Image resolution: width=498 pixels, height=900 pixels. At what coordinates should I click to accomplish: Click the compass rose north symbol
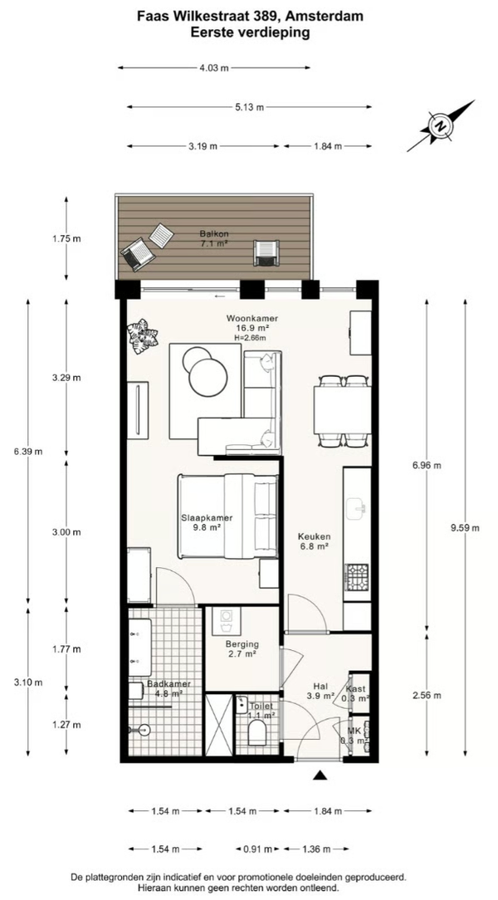(x=441, y=125)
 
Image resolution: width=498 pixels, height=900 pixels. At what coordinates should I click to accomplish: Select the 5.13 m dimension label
(x=249, y=107)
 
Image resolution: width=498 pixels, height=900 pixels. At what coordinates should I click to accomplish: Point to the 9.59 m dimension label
(x=465, y=529)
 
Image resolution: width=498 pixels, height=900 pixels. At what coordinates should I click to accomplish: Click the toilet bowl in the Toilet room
(x=257, y=731)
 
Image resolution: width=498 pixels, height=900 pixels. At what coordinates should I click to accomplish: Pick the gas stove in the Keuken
(x=357, y=577)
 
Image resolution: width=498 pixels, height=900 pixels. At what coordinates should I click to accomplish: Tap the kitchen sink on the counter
(x=356, y=506)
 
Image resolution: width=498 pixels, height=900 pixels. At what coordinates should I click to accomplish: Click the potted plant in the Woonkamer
(x=142, y=337)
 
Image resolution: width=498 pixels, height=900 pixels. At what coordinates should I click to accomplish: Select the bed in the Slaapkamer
(x=227, y=516)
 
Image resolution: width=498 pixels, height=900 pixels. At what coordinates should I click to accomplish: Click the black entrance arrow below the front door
(x=320, y=775)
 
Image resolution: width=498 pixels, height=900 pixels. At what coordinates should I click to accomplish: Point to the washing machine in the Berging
(x=227, y=620)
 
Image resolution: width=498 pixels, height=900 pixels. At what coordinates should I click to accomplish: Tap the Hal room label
(x=320, y=686)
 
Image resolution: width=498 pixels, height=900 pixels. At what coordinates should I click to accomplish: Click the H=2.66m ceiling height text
(x=250, y=338)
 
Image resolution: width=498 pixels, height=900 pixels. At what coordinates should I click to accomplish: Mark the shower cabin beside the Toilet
(x=219, y=725)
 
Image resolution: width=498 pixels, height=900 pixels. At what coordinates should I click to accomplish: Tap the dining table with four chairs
(x=343, y=410)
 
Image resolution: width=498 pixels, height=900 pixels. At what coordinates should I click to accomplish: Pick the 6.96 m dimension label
(x=427, y=466)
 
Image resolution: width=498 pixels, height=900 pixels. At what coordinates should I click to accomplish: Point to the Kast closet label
(x=359, y=689)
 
